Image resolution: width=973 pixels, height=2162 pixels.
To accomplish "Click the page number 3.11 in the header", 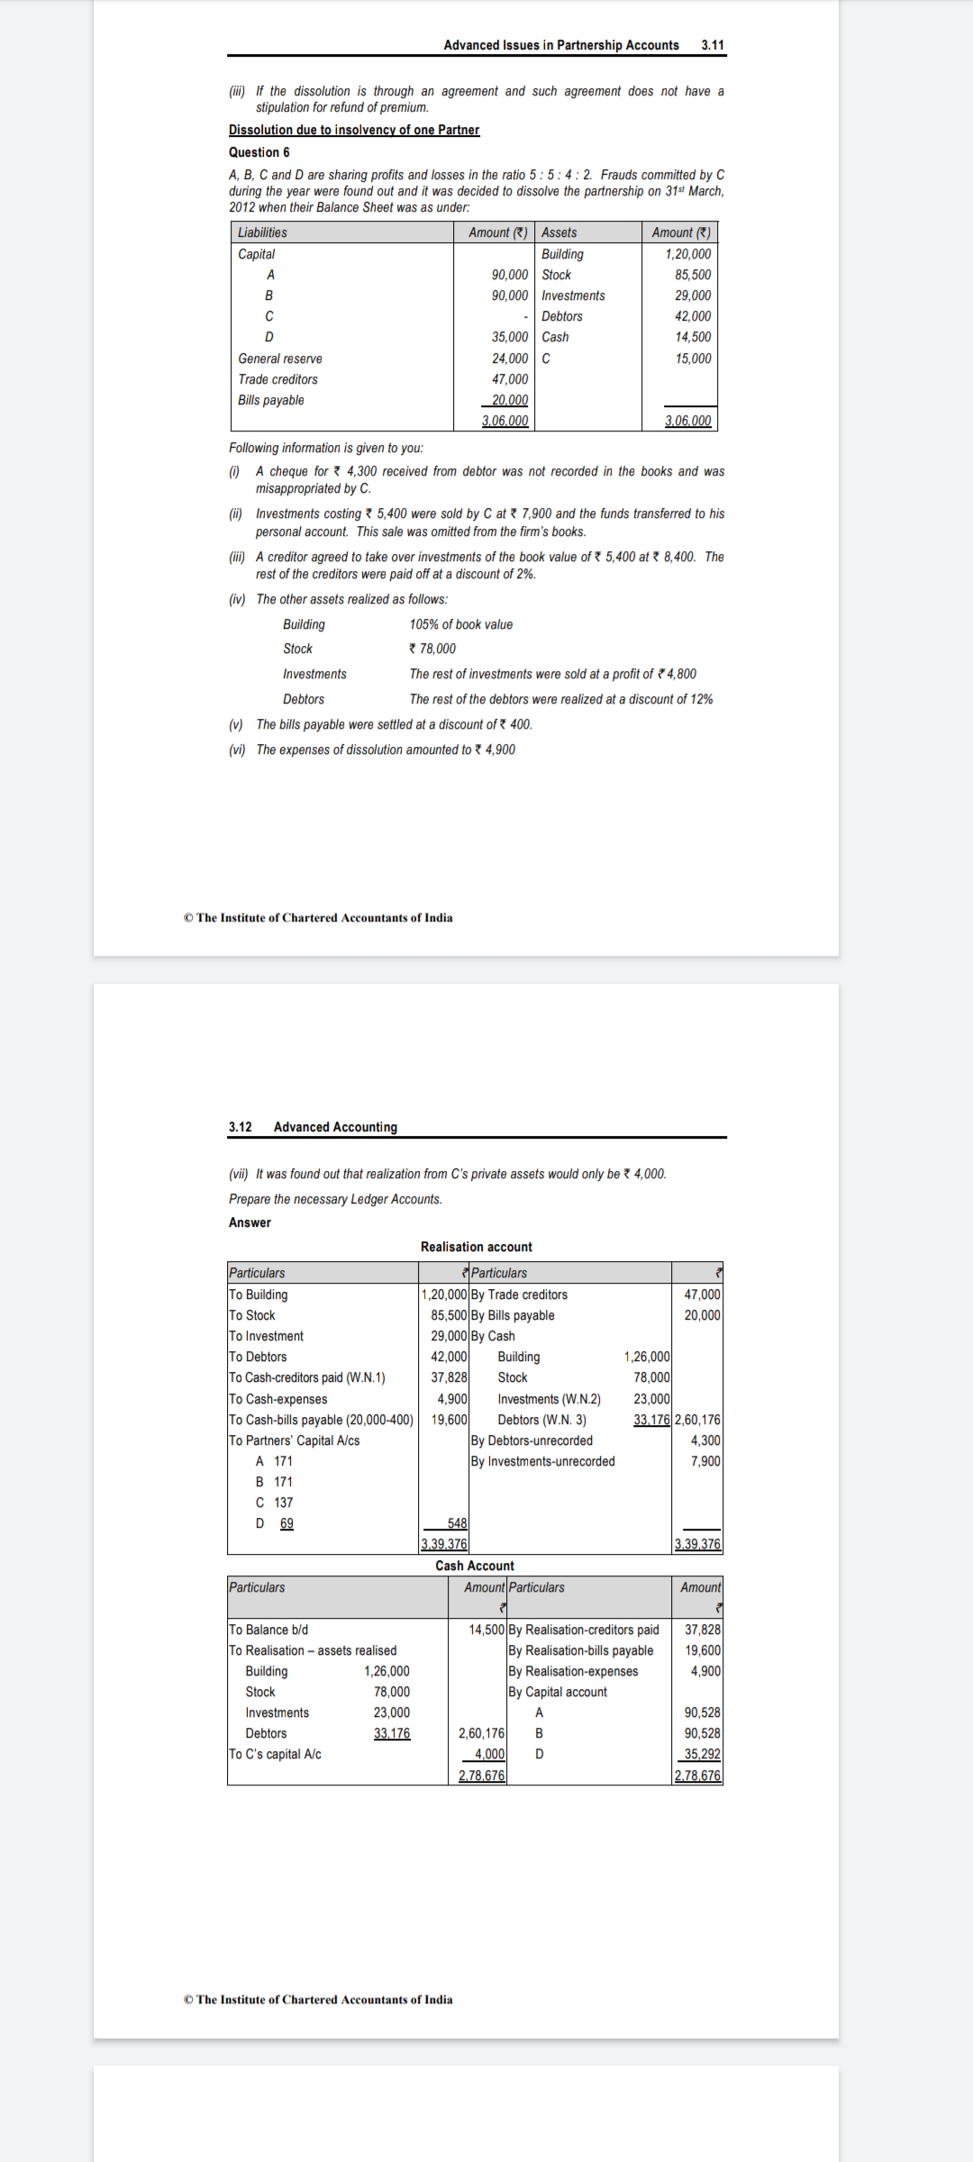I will (712, 45).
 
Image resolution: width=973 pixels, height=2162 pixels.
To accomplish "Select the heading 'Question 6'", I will (259, 152).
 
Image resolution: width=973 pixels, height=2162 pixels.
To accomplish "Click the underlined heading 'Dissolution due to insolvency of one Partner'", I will (354, 130).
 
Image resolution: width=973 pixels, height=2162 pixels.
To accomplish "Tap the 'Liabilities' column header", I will (262, 232).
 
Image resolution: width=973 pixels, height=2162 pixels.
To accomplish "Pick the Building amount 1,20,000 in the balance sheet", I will (687, 254).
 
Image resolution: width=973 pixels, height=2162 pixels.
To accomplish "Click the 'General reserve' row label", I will (279, 359).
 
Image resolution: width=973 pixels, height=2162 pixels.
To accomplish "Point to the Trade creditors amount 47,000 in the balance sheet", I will (510, 379).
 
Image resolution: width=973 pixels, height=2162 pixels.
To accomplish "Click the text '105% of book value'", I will (460, 624).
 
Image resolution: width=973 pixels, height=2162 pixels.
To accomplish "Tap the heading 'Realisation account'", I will (476, 1247).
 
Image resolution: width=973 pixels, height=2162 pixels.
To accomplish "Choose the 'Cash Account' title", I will (475, 1566).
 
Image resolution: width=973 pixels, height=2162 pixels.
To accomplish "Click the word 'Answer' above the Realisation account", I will (250, 1222).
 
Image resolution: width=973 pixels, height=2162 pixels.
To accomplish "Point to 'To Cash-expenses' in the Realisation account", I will (277, 1399).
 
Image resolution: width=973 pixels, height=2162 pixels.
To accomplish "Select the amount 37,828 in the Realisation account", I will (450, 1377).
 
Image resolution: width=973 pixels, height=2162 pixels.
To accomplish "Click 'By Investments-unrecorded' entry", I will (542, 1461).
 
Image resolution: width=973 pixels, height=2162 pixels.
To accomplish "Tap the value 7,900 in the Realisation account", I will (705, 1461).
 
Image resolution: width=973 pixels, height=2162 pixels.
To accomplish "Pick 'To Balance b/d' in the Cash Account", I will (268, 1630).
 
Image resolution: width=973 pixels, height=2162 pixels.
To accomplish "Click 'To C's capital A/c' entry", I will (275, 1754).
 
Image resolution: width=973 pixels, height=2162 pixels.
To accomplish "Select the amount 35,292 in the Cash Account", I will (703, 1754).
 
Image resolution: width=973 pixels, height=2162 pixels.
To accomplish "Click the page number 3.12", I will (240, 1127).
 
